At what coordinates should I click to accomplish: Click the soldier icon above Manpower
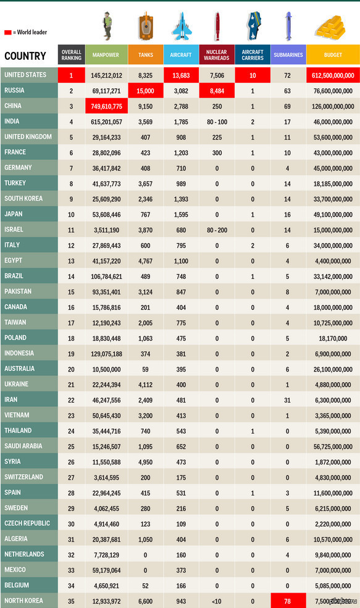pos(107,26)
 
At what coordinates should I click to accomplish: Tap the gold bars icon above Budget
pos(330,28)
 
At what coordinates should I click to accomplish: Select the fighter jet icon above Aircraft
pos(181,26)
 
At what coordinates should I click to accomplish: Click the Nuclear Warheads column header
pos(217,55)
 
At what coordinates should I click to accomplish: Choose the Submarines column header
pos(288,55)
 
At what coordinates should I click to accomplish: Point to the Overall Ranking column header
pos(72,55)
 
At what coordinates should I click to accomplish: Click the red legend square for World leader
pos(8,33)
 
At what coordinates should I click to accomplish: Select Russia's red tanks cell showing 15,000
pos(146,91)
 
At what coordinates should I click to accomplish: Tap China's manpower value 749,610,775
pos(106,106)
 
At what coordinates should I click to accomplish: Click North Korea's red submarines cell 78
pos(288,601)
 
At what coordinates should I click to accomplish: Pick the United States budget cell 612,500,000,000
pos(333,75)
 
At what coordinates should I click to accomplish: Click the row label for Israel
pos(14,230)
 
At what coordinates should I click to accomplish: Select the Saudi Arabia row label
pos(23,446)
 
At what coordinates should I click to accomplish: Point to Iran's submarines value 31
pos(287,400)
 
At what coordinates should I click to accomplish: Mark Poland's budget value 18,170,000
pos(333,338)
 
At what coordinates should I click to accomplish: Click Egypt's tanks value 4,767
pos(146,261)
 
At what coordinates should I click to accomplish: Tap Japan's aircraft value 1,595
pos(181,214)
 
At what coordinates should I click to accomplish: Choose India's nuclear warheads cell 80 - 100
pos(217,122)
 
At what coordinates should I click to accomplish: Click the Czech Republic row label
pos(27,523)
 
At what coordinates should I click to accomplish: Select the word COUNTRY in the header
pos(25,56)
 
